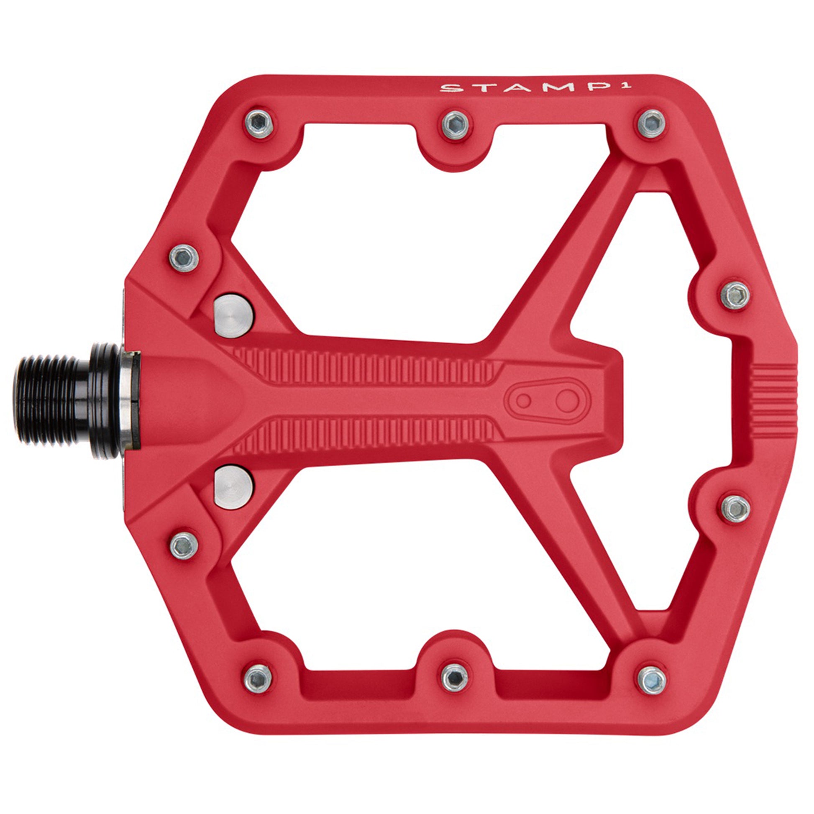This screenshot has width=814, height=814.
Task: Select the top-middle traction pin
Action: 456,123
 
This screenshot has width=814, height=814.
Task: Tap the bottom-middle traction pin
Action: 456,679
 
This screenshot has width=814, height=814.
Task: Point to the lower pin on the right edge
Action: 735,508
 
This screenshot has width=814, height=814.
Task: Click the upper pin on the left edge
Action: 184,257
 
